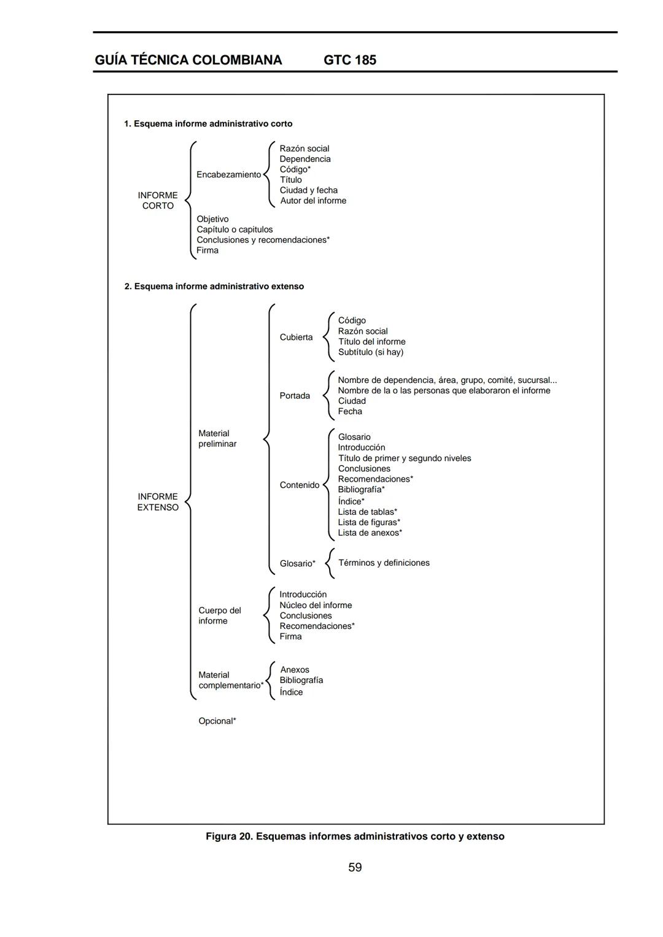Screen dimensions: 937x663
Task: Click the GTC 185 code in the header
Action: point(349,60)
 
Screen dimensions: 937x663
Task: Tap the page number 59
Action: point(355,867)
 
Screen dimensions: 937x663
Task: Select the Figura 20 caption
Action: point(355,836)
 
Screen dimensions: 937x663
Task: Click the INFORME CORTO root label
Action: point(158,201)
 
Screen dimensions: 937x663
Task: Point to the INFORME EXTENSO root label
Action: point(158,502)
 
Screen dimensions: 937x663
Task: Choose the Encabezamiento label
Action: point(228,175)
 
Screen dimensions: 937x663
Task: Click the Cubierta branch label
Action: point(296,337)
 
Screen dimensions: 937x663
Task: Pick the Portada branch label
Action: point(295,396)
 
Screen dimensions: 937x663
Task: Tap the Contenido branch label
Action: point(299,485)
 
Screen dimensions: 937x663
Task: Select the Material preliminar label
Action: point(217,439)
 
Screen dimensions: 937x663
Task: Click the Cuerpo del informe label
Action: point(219,615)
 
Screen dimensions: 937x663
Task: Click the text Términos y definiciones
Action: point(384,563)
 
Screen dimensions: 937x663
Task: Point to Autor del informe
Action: point(313,201)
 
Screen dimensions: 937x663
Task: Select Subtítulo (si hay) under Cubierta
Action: point(371,352)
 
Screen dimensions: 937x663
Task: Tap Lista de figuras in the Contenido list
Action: point(368,522)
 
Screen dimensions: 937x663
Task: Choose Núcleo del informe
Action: point(316,605)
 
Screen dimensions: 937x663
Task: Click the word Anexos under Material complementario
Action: point(295,669)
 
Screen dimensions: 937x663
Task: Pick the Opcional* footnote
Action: point(217,721)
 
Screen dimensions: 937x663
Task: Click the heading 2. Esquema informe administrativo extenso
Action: point(214,287)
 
